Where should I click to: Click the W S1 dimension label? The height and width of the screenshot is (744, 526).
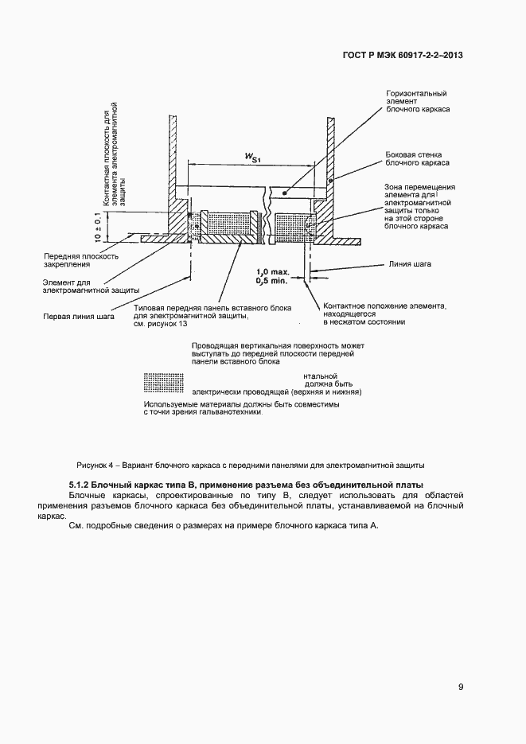[x=251, y=157]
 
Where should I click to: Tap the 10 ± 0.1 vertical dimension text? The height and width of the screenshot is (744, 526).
[x=98, y=226]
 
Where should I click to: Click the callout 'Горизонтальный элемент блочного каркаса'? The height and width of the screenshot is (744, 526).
[x=416, y=103]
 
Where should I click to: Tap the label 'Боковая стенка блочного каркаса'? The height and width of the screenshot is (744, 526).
[x=417, y=158]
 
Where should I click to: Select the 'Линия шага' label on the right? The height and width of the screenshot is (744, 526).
[x=411, y=263]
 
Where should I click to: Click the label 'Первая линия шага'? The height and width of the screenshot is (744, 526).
[x=78, y=316]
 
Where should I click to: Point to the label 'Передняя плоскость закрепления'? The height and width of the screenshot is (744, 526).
[x=81, y=260]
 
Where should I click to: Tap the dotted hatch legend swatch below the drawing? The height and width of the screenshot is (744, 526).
[x=164, y=383]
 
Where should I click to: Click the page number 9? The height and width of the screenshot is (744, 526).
[x=461, y=688]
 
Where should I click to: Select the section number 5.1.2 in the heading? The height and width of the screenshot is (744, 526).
[x=79, y=485]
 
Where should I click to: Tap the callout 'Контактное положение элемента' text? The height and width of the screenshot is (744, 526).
[x=384, y=306]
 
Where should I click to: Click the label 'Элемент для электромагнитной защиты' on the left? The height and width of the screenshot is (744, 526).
[x=79, y=286]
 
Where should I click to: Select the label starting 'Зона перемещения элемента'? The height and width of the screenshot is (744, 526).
[x=416, y=205]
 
